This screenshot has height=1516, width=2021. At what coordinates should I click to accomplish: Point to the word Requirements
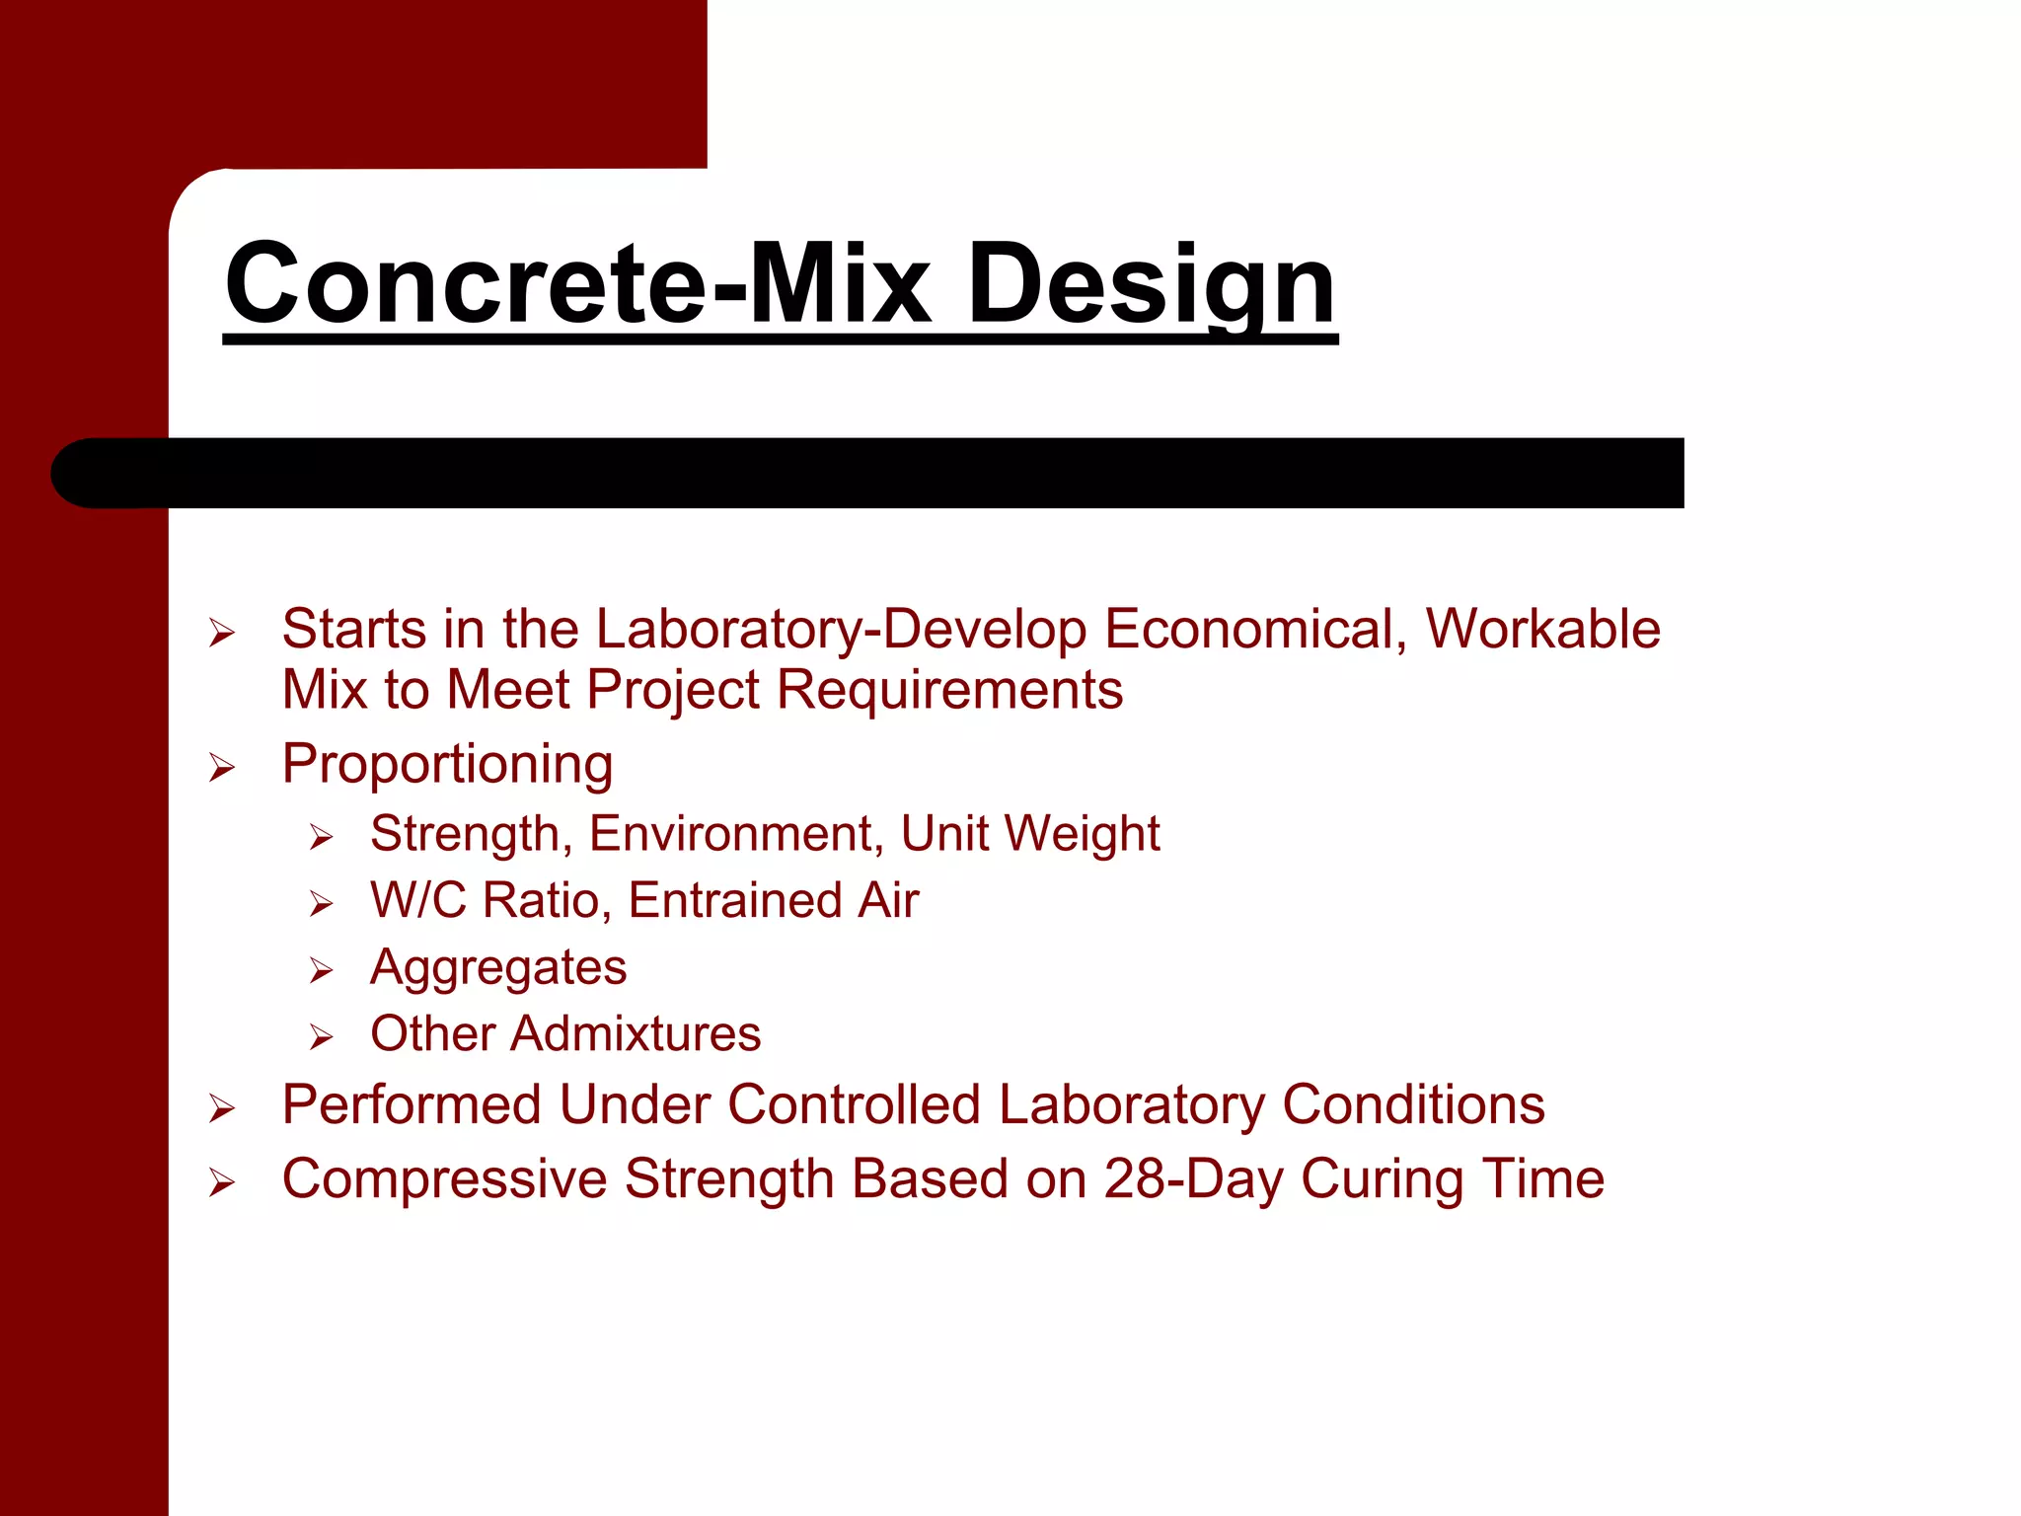pos(949,689)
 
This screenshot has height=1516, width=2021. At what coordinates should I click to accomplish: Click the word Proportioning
pos(447,764)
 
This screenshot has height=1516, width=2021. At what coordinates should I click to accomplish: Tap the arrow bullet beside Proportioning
pos(222,768)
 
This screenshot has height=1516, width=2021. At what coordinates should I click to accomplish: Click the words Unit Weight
pos(1029,833)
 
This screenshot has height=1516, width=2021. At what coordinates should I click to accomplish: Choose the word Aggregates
pos(498,967)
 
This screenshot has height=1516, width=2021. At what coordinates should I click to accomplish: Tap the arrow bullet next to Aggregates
pos(321,971)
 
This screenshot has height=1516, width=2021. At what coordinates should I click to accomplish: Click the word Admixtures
pos(636,1033)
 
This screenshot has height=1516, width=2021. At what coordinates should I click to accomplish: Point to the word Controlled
pos(853,1103)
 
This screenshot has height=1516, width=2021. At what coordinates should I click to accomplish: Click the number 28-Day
pos(1193,1178)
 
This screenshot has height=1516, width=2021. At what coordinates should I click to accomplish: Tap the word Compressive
pos(444,1178)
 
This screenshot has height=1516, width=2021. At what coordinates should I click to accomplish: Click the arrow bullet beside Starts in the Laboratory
pos(222,633)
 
